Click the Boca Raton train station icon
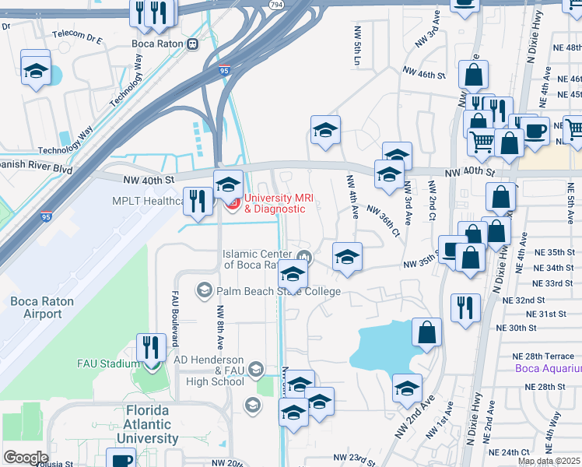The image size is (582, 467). [191, 44]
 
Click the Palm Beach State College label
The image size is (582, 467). [279, 291]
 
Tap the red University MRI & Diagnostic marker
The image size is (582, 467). [231, 204]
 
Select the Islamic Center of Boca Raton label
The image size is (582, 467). [257, 259]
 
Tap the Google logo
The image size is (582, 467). [26, 457]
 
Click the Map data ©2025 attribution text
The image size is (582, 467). [549, 461]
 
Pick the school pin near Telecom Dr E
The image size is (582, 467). [35, 70]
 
